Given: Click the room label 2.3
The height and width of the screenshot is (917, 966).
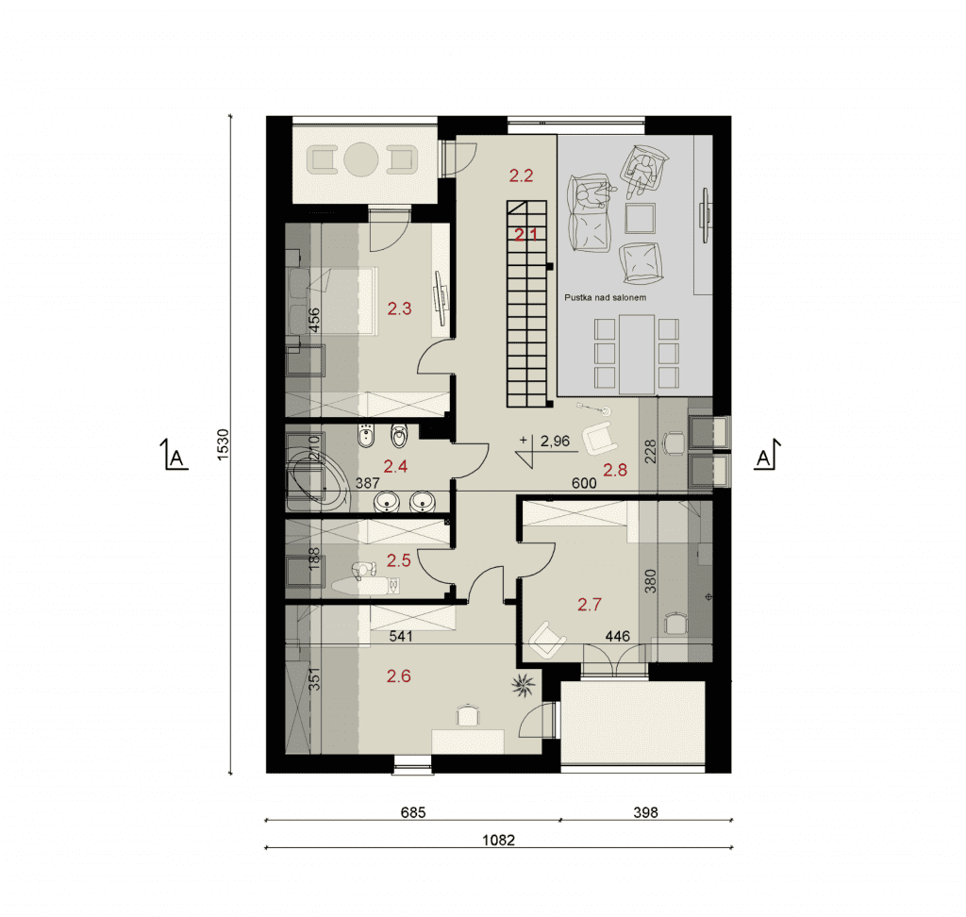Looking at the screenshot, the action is point(399,308).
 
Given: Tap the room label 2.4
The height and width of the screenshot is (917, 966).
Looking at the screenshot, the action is point(395,466).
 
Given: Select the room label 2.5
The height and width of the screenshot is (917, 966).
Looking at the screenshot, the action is point(399,560).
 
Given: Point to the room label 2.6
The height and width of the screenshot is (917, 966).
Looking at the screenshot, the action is point(399,676).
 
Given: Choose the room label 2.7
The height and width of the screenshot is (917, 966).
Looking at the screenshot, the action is point(590,604).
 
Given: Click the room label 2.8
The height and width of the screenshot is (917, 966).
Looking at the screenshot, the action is point(615,470).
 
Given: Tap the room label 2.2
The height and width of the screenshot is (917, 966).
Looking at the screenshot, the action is point(521,175).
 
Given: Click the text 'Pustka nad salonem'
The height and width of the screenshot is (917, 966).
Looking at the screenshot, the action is point(605,297).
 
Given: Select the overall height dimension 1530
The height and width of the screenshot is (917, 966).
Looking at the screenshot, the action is point(223,444).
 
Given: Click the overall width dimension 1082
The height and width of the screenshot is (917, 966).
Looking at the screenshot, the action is point(498,840).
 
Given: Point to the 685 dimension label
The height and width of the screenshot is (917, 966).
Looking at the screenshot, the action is point(413,812).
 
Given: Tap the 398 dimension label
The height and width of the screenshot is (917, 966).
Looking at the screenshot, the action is point(645,812).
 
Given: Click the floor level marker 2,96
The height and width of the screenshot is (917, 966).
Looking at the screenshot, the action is point(555,441).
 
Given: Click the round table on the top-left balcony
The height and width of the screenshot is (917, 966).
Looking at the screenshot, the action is point(360,159).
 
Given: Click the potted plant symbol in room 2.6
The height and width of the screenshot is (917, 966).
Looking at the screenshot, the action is point(523,686).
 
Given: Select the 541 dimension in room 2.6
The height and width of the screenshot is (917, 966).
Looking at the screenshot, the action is point(400,635).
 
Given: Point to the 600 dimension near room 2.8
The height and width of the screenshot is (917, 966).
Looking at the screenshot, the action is point(584,482).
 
